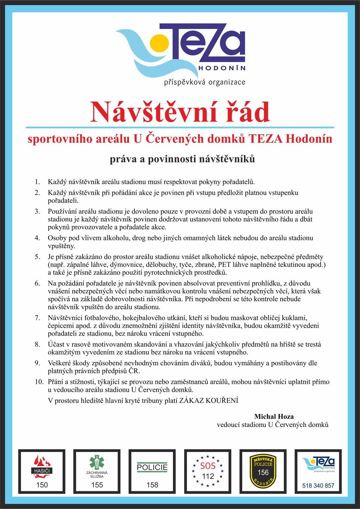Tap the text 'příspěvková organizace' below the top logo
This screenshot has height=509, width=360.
(x=205, y=83)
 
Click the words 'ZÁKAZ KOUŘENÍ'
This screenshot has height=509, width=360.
(x=209, y=400)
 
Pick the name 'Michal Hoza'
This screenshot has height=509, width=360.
(x=274, y=417)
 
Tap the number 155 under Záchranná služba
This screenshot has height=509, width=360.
(x=97, y=485)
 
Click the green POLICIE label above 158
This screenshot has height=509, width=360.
(x=152, y=468)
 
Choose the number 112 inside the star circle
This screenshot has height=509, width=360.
(x=207, y=476)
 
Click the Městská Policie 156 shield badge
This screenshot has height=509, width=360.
(x=263, y=470)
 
